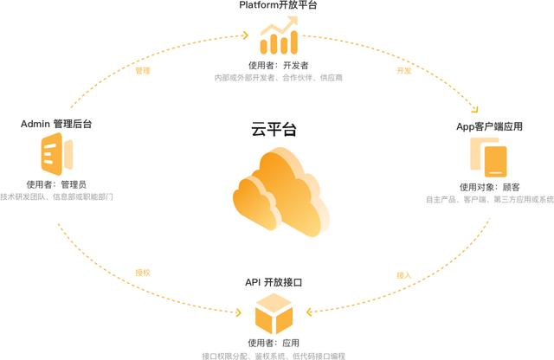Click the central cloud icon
pos(280,192)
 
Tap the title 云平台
pos(278,131)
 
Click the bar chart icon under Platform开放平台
pos(279,40)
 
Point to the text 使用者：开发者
pos(279,65)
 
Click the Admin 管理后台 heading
pos(55,125)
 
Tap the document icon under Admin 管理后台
pos(55,156)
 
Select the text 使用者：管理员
pos(56,184)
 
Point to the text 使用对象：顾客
pos(490,187)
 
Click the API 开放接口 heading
pos(279,283)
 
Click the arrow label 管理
pos(144,71)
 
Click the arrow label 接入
pos(403,274)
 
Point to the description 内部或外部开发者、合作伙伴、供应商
pos(279,78)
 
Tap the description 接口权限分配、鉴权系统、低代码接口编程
pos(279,355)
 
